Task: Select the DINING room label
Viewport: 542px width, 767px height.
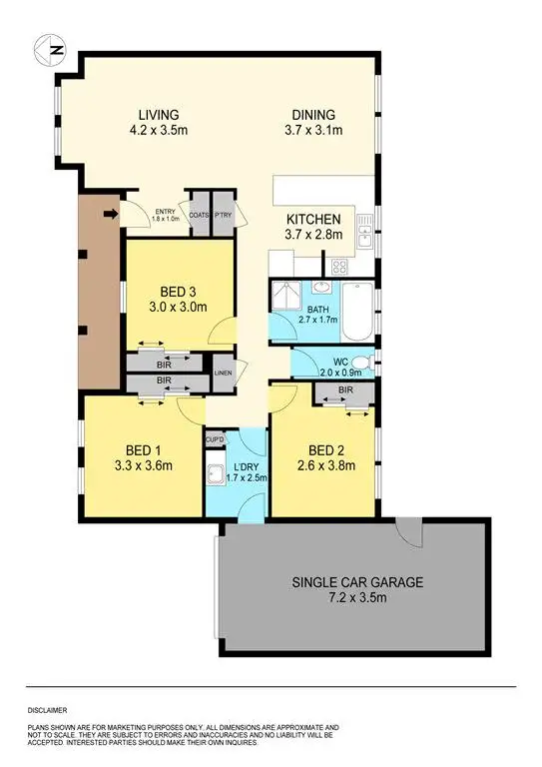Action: point(313,114)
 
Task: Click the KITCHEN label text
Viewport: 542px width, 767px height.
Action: point(314,220)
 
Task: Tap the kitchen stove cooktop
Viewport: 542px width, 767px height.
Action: point(338,267)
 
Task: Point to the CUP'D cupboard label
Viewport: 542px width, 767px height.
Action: point(215,439)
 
